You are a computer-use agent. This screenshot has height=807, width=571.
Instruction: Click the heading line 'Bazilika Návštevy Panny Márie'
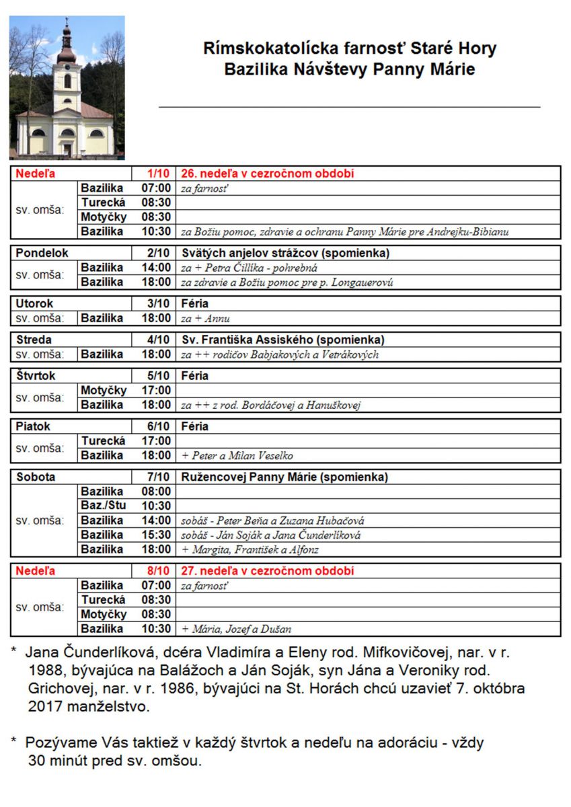point(350,69)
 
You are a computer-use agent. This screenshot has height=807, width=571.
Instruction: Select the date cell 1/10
point(161,174)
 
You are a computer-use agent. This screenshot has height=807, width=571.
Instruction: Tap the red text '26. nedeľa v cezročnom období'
point(268,174)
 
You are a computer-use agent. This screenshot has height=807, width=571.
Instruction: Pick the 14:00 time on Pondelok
point(156,268)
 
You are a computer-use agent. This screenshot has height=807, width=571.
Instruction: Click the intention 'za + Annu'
point(206,318)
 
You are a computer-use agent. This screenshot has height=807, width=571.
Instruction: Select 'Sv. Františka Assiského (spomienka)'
point(283,340)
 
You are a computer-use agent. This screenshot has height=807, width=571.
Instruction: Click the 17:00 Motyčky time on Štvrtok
point(156,391)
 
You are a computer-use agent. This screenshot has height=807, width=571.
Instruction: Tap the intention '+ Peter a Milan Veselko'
point(237,455)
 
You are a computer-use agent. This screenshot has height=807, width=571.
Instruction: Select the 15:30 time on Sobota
point(156,535)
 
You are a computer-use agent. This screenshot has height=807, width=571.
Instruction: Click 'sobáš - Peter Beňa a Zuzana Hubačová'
point(273,521)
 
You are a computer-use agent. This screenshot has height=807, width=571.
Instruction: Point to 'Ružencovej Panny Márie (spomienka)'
point(284,477)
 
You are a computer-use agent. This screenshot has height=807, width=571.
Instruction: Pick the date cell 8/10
point(161,571)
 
